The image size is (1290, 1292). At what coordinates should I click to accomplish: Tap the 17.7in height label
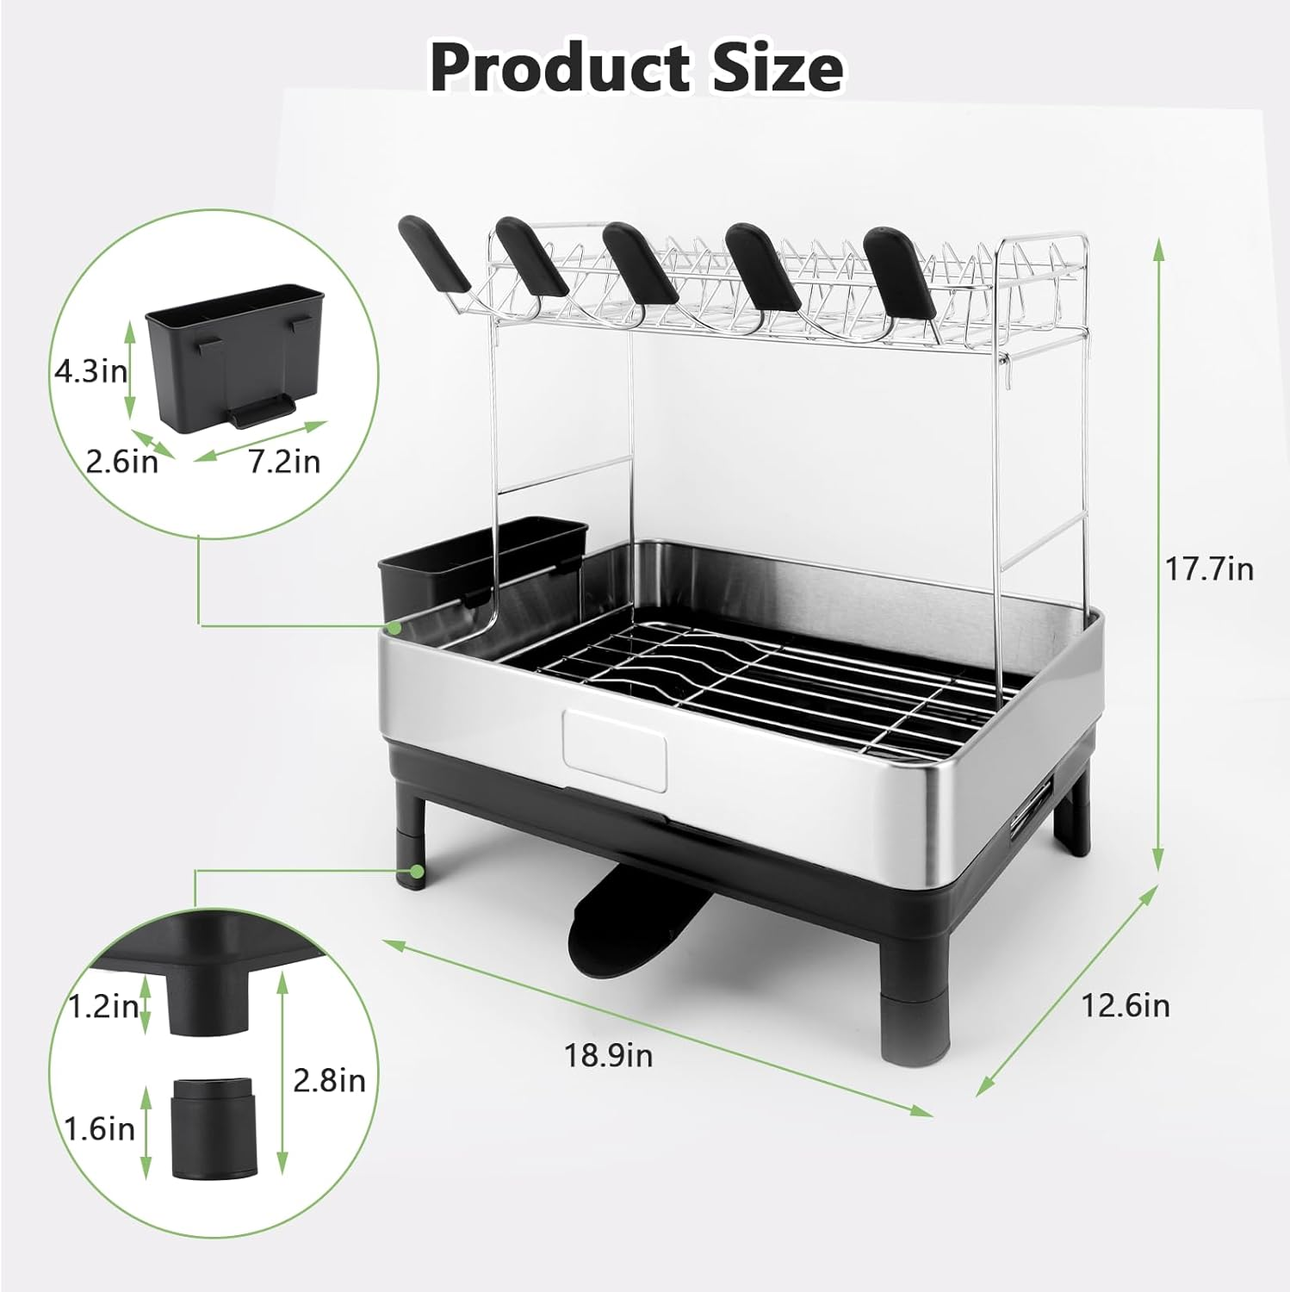[1209, 568]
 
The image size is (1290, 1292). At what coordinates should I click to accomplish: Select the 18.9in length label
[609, 1054]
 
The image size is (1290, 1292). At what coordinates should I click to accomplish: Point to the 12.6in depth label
[1126, 1005]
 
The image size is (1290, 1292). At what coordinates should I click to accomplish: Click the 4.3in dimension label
[90, 371]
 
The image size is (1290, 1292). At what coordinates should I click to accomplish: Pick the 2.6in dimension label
[122, 462]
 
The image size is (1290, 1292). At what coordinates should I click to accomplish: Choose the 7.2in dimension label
[284, 462]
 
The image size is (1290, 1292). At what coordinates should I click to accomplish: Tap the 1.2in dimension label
[102, 1005]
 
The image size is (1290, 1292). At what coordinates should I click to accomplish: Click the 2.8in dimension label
[329, 1080]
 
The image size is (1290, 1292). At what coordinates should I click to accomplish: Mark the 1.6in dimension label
[99, 1128]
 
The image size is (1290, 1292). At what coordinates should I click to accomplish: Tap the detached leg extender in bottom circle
[214, 1129]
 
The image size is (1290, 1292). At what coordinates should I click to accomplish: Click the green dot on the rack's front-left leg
[417, 872]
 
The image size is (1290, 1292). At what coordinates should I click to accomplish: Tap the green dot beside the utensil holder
[394, 627]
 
